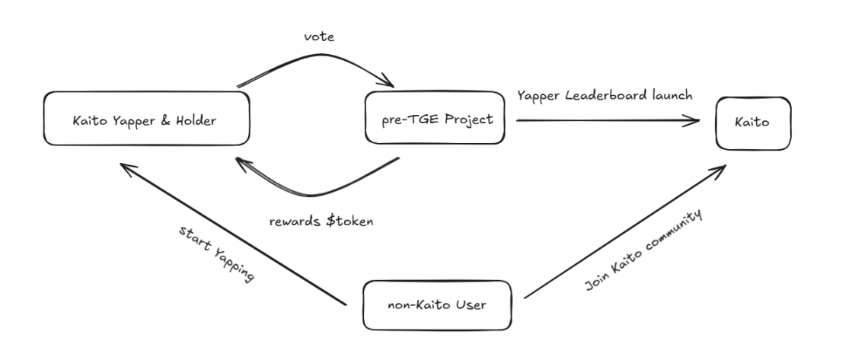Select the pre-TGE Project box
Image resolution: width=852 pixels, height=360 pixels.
[435, 119]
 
